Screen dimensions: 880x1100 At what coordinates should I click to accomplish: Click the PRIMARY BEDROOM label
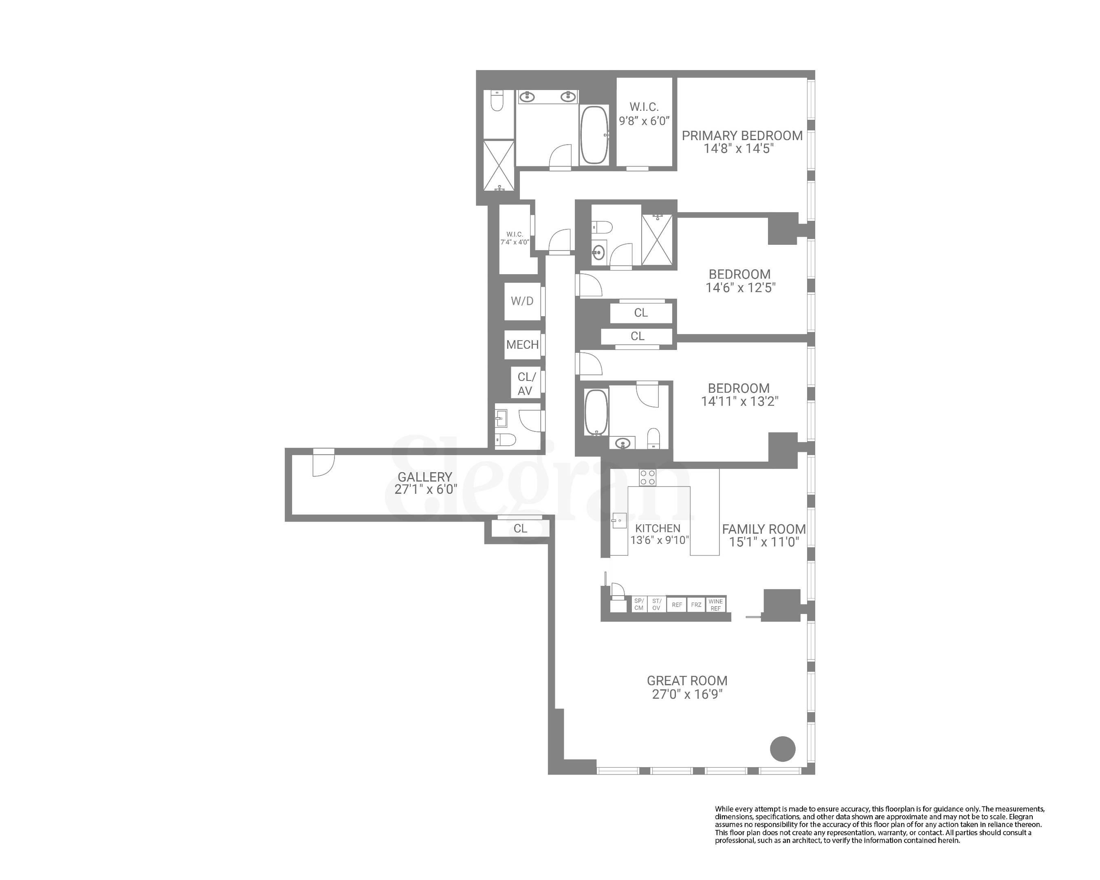point(742,136)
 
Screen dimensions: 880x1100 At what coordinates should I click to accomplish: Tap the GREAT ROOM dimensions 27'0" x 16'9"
point(687,694)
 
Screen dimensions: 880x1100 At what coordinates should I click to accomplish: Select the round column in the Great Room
point(782,749)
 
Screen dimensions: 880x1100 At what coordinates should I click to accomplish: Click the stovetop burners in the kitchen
point(648,477)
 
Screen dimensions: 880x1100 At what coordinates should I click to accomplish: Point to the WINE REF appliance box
point(715,605)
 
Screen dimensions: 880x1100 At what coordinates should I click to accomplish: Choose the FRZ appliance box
point(696,605)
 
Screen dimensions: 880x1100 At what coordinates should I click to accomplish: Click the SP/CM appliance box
point(639,605)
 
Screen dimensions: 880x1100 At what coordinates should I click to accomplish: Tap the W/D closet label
point(522,301)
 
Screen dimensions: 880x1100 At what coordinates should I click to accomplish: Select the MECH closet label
point(522,345)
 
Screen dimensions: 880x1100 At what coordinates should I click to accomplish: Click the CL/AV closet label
point(526,384)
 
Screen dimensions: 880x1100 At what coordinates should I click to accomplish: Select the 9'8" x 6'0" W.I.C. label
point(644,114)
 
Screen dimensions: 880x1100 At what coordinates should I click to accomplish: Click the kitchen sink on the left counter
point(619,522)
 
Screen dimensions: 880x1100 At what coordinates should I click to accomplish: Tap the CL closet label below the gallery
point(520,528)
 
